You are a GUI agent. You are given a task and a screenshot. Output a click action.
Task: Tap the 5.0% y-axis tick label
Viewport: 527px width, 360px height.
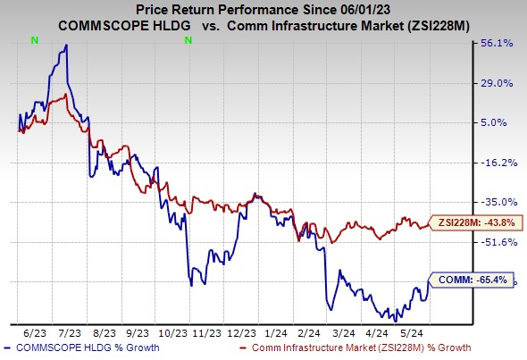[x=496, y=122]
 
